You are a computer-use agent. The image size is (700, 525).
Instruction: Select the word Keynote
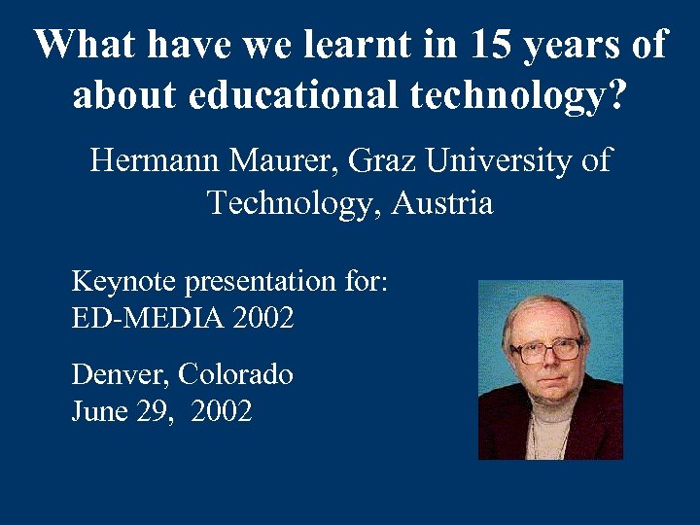124,282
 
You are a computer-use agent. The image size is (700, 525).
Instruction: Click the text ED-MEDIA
148,317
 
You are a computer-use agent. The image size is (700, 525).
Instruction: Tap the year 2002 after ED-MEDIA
262,317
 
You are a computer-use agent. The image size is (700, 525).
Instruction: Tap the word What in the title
82,45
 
